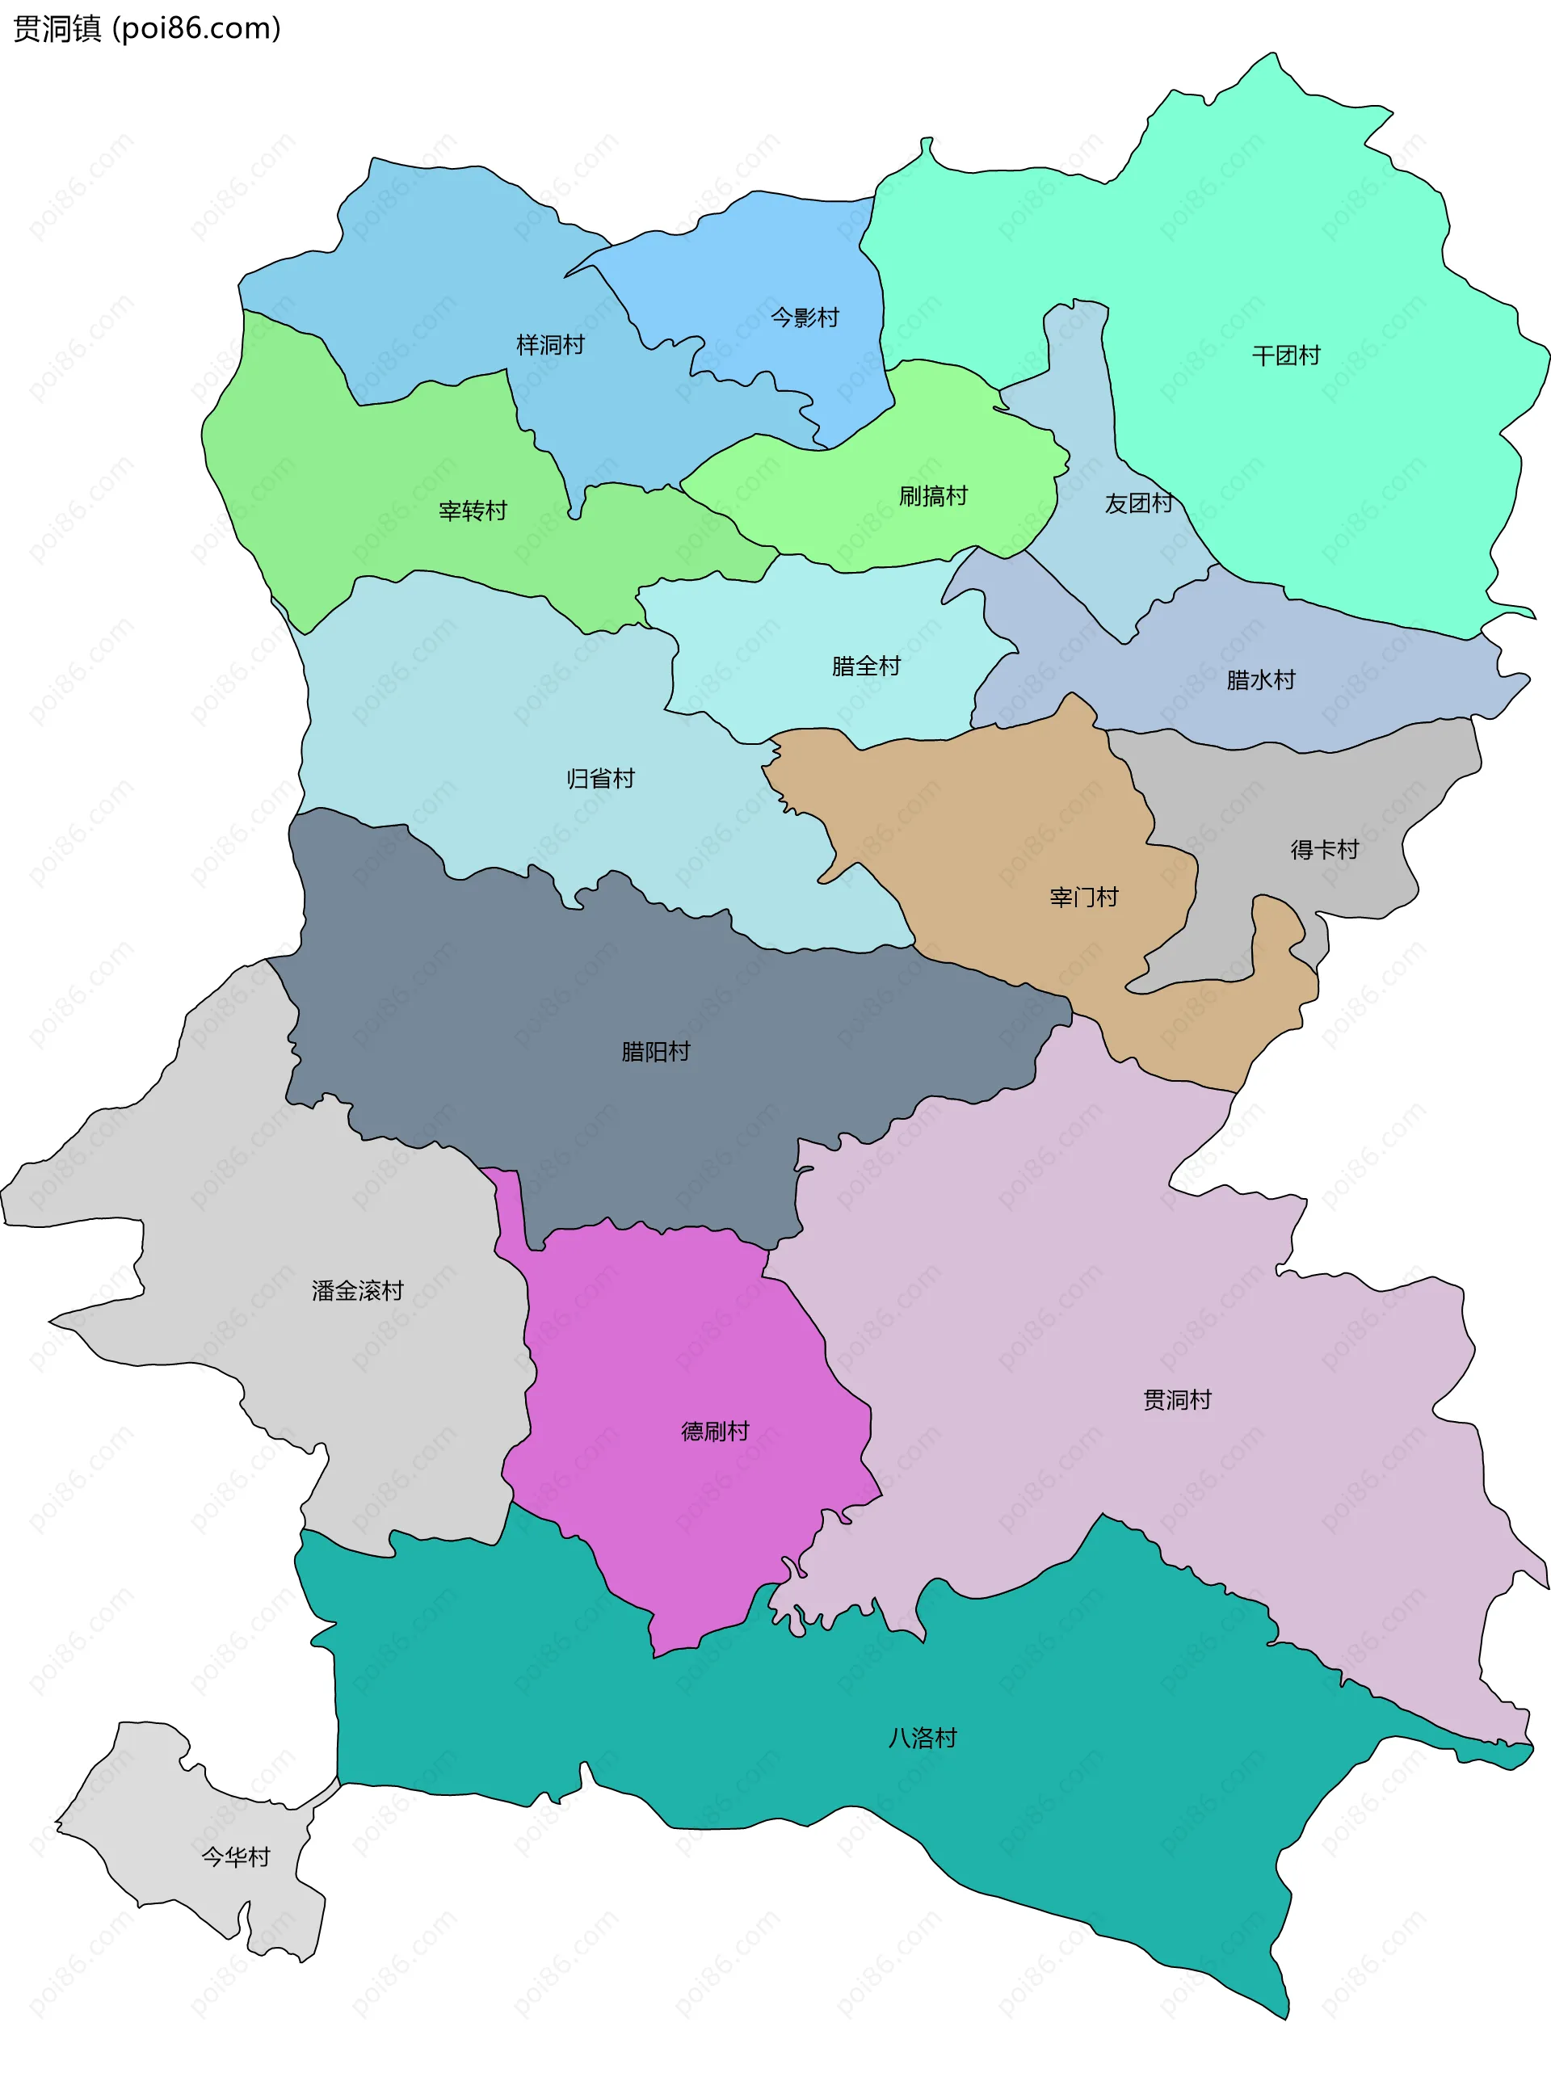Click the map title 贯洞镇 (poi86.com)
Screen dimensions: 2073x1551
pos(147,29)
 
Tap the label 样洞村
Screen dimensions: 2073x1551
pos(550,345)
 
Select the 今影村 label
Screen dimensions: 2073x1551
pos(804,317)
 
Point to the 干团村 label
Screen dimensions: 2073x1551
pos(1286,355)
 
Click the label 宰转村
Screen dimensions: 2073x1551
pos(473,511)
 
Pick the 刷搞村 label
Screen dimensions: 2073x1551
pos(932,496)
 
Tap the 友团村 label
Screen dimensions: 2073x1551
pos(1137,503)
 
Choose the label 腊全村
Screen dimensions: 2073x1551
pos(866,666)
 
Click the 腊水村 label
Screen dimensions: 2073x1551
pos(1260,679)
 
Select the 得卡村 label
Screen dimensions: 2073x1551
pos(1324,849)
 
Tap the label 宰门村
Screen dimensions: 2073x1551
pos(1083,897)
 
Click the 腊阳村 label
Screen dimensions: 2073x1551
pos(655,1052)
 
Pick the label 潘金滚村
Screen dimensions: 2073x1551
pos(357,1290)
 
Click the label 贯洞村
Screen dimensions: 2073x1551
pos(1177,1399)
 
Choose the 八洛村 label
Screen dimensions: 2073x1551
pos(923,1739)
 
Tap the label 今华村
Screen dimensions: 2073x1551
pos(235,1856)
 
